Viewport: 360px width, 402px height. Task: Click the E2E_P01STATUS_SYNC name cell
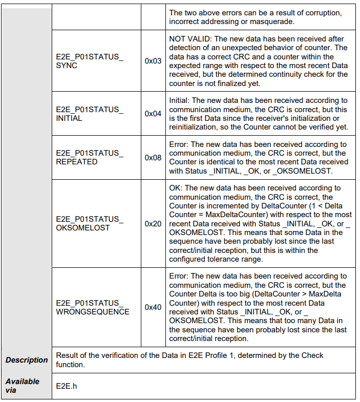tap(90, 61)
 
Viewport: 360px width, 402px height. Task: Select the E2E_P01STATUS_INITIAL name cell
tap(90, 114)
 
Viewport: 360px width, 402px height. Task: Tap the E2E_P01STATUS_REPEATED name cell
tap(90, 157)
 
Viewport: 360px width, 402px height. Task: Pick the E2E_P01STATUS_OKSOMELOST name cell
tap(90, 223)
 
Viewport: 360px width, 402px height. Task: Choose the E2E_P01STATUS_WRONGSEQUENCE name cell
tap(93, 307)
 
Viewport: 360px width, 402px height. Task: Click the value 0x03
tap(153, 61)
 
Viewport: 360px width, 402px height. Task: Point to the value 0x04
tap(153, 114)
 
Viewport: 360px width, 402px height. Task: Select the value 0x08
tap(153, 157)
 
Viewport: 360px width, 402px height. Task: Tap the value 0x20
tap(153, 223)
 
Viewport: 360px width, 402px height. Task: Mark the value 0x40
tap(153, 307)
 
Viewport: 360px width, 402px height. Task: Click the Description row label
tap(27, 360)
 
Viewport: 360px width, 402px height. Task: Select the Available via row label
tap(23, 386)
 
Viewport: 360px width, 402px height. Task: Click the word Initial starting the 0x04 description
tap(179, 100)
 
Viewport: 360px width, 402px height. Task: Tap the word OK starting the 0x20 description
tap(175, 188)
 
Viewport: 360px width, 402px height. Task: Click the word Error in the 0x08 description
tap(179, 144)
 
